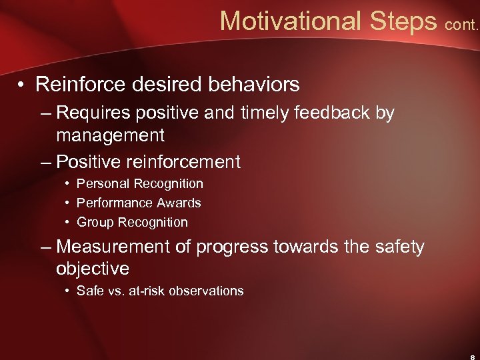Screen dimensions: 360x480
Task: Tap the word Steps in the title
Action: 403,21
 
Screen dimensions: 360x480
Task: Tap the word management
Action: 110,136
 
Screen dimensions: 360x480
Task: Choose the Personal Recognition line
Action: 139,183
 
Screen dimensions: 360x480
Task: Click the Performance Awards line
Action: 139,203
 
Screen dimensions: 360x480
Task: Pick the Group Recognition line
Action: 132,222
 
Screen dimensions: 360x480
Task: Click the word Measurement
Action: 113,247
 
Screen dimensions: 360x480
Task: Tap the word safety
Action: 399,247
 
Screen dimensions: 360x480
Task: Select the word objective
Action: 93,269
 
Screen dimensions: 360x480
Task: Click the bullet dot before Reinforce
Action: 23,85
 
